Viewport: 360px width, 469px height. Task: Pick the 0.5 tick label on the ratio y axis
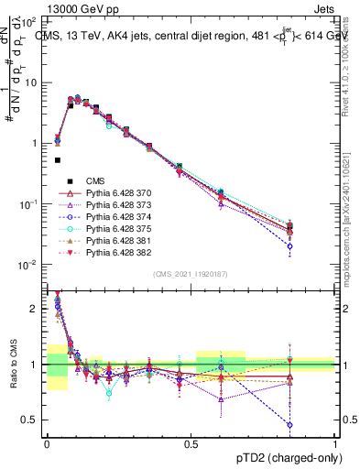pos(33,420)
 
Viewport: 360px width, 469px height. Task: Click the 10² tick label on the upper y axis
pos(31,21)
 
